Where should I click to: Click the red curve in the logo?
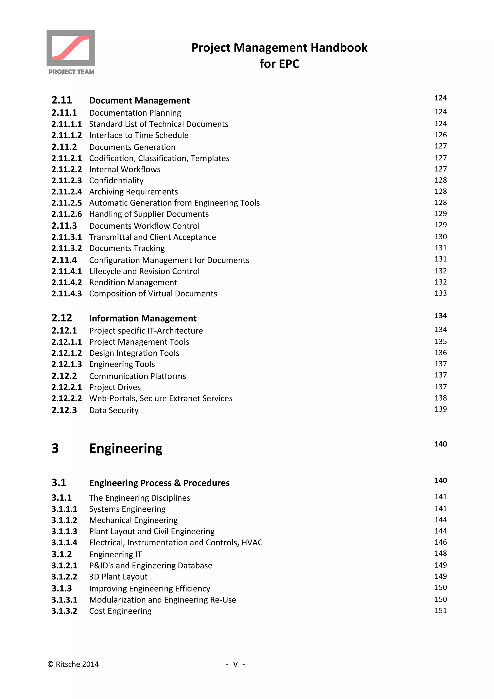click(71, 48)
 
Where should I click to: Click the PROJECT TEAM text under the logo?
click(71, 72)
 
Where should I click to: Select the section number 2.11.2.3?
click(67, 180)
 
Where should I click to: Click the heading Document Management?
click(139, 101)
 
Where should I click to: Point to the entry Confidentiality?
click(116, 180)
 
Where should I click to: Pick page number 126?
click(440, 135)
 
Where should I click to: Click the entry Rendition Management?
click(133, 282)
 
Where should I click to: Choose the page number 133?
click(440, 293)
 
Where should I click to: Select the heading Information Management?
click(143, 318)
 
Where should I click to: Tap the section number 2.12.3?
click(64, 410)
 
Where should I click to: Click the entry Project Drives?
click(115, 387)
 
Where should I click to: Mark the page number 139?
click(440, 409)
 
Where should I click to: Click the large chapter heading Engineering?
click(126, 448)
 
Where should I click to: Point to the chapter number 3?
click(55, 448)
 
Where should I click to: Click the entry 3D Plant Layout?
click(118, 577)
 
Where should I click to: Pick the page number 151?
click(440, 611)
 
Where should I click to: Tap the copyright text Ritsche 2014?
click(77, 664)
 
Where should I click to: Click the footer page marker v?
click(235, 664)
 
